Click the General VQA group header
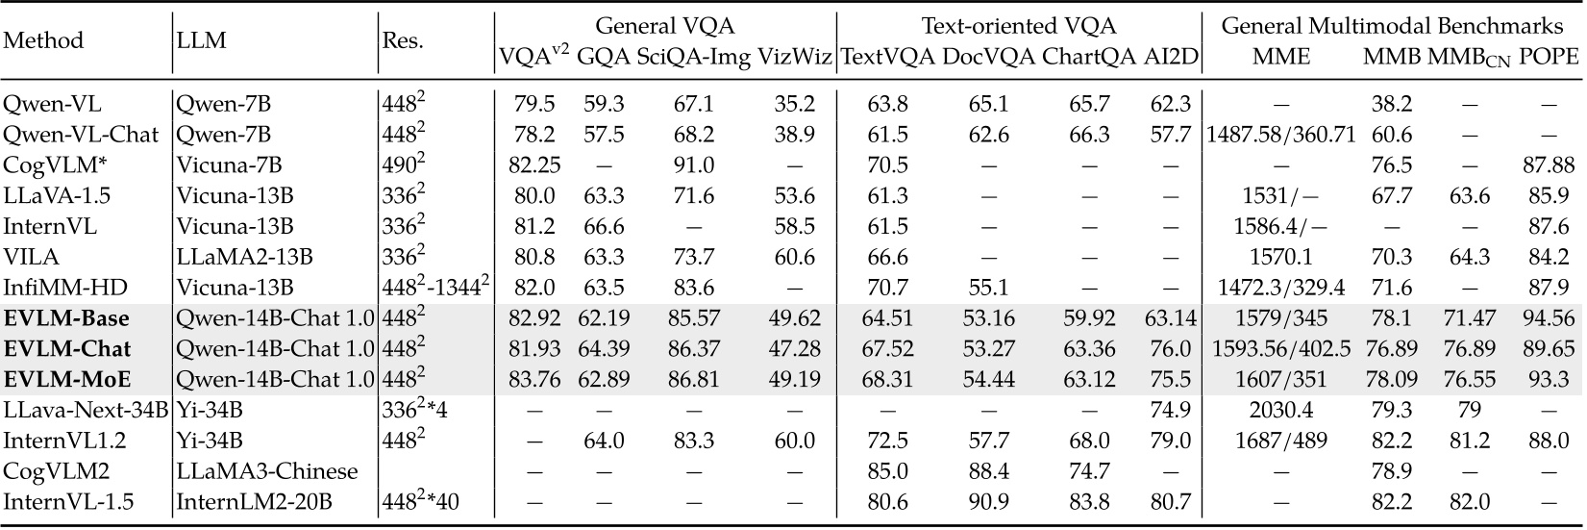tap(664, 26)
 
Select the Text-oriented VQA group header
tap(1019, 26)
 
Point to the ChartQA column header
tap(1089, 57)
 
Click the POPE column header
tap(1549, 57)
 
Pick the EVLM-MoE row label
tap(67, 379)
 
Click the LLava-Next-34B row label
tap(84, 411)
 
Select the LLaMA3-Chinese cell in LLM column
tap(267, 471)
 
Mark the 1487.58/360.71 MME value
tap(1281, 134)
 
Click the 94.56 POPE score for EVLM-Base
tap(1549, 318)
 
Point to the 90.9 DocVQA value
tap(990, 502)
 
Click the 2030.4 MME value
tap(1281, 411)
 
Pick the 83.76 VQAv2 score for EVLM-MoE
tap(534, 379)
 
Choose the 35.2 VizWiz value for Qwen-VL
tap(795, 103)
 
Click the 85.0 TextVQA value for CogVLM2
tap(888, 471)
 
